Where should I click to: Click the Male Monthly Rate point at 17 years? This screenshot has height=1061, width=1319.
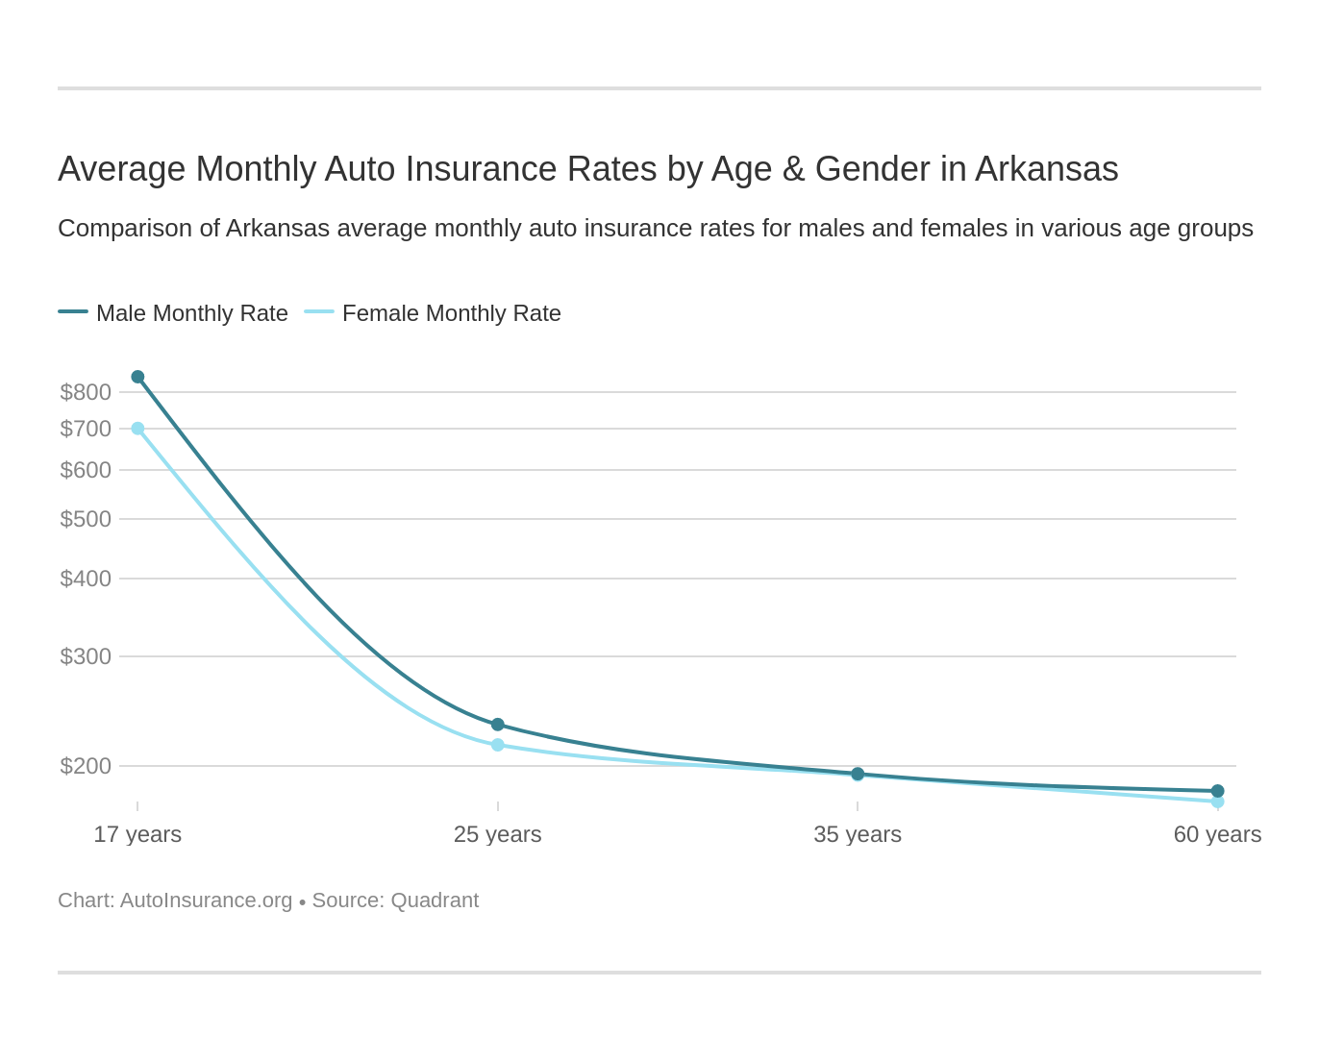[137, 377]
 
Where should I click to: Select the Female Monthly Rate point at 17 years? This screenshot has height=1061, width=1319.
[137, 429]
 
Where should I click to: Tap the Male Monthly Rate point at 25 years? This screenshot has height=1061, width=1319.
[498, 725]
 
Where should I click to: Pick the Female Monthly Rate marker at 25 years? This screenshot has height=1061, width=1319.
[498, 745]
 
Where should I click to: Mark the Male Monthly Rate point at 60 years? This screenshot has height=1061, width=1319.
[1217, 791]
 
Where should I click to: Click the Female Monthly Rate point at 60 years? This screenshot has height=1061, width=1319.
[1217, 802]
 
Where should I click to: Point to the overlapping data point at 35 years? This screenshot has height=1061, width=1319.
[858, 774]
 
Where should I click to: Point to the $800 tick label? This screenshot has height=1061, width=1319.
[86, 392]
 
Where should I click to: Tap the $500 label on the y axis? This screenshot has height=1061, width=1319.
[86, 519]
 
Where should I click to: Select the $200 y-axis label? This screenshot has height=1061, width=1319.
[86, 766]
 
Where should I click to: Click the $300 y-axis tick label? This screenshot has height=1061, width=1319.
[86, 656]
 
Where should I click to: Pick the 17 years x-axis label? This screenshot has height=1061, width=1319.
[137, 834]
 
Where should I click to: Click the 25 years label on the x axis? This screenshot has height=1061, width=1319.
[498, 834]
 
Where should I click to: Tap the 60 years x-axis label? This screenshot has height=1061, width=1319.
[1217, 834]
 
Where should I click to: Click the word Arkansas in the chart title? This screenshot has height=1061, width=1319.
[1046, 169]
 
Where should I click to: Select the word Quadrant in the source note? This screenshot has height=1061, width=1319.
[434, 901]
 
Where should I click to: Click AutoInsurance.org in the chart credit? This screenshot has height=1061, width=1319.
[206, 901]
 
